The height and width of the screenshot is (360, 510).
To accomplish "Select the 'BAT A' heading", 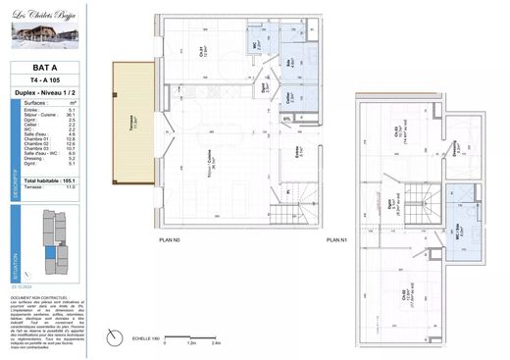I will click(46, 69).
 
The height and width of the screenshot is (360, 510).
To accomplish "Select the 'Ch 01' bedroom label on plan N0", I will click(203, 55).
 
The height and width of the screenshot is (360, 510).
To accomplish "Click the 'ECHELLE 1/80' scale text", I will click(145, 338).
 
